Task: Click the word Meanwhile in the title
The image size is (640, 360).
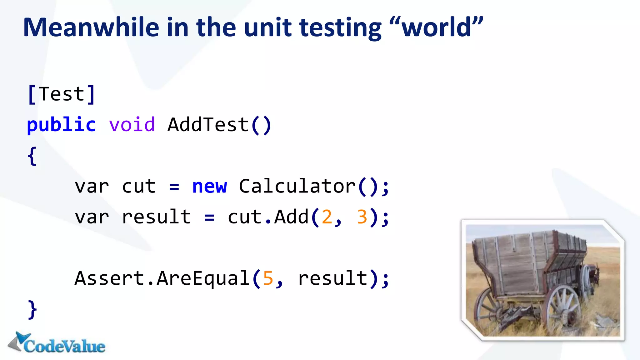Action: [91, 27]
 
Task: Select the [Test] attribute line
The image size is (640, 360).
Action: [61, 94]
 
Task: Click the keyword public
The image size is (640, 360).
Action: [61, 125]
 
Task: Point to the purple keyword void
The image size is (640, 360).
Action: [132, 125]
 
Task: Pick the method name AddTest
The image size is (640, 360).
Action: [208, 125]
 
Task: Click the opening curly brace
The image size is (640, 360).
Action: [32, 156]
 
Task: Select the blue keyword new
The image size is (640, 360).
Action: [209, 187]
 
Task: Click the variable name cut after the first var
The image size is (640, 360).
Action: [139, 187]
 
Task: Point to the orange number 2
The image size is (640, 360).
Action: [327, 217]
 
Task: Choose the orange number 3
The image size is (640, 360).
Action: [362, 217]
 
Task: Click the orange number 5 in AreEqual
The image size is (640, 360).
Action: [268, 278]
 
